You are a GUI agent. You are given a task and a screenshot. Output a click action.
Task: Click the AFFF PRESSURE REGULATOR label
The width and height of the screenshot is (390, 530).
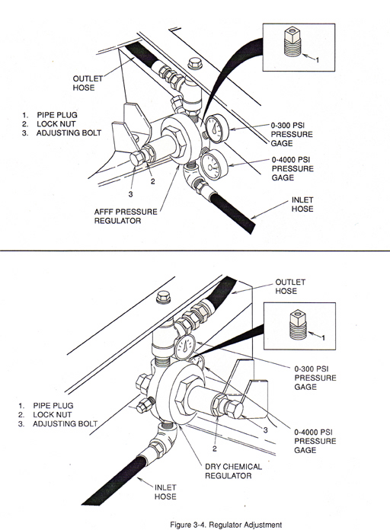tap(126, 216)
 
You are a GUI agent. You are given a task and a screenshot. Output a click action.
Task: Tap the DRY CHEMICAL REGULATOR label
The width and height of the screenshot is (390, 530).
tap(233, 471)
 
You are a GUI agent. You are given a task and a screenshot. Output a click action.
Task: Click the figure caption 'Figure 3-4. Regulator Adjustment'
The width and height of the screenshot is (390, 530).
tap(225, 525)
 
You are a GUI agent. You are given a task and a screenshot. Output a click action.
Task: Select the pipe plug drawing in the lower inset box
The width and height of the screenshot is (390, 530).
tap(298, 324)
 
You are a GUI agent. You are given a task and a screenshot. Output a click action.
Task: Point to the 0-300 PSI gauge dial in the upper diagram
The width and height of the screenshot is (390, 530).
tap(217, 129)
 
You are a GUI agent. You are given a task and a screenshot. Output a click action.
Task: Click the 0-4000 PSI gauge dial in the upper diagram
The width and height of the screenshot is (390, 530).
tap(211, 166)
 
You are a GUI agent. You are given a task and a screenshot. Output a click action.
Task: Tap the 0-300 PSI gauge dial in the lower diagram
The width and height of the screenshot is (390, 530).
tap(185, 347)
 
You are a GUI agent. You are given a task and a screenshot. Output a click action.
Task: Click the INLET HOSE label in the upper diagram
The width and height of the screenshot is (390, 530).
tap(302, 205)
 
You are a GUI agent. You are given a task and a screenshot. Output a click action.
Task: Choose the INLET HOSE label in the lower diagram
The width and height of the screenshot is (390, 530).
tap(165, 492)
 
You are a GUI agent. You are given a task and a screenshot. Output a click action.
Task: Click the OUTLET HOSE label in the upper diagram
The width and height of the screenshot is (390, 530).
tap(88, 83)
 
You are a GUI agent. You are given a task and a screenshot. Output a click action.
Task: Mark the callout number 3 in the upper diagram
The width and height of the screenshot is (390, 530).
tap(130, 194)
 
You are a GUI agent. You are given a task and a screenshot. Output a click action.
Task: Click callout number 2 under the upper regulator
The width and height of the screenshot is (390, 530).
tap(153, 181)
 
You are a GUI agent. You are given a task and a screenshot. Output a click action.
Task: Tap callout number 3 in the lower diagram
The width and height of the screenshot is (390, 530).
tap(266, 430)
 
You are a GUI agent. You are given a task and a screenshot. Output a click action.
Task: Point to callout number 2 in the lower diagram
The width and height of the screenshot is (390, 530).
tap(215, 449)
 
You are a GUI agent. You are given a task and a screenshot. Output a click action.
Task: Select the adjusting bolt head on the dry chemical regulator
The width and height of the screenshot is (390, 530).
tap(235, 409)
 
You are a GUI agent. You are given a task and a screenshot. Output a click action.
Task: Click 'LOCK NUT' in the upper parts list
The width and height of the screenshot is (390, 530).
tap(56, 123)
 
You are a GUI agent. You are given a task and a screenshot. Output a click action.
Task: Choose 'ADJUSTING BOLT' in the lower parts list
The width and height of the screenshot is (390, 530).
tap(65, 423)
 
